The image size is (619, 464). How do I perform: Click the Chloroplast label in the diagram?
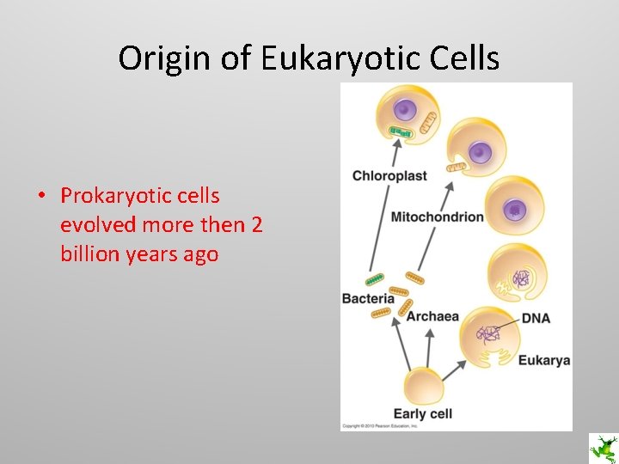[x=389, y=176]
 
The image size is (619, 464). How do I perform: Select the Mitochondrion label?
[x=437, y=217]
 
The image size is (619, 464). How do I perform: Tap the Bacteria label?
[x=367, y=298]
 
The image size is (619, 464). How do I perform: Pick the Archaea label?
[x=432, y=316]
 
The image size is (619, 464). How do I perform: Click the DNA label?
[x=535, y=318]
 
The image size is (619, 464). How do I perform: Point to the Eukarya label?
[x=543, y=360]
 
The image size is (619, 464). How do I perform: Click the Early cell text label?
[x=422, y=413]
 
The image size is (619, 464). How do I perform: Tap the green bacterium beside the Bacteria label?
[x=376, y=280]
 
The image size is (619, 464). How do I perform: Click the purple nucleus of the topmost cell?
[x=404, y=109]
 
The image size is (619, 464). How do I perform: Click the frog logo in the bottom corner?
[x=602, y=448]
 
